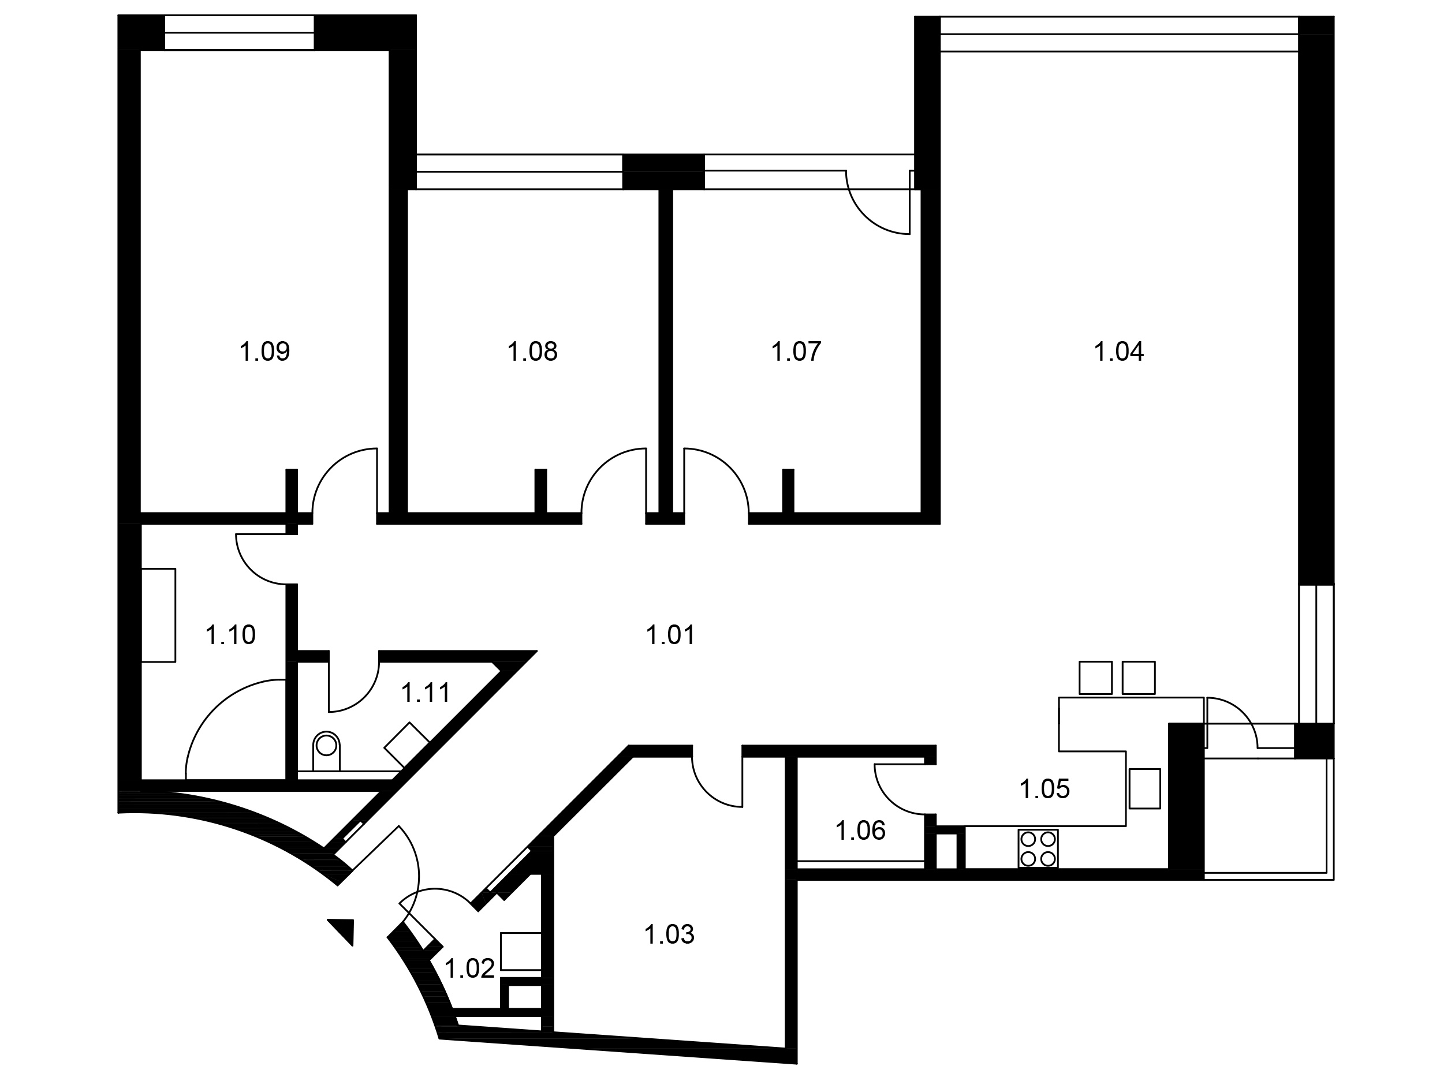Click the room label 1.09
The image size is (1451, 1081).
[264, 351]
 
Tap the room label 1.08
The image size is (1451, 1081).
[532, 351]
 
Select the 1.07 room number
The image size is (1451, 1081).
[796, 351]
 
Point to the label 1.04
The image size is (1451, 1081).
[1118, 351]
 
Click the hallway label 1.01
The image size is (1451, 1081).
[670, 635]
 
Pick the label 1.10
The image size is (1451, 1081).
[230, 635]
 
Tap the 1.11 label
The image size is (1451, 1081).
[426, 693]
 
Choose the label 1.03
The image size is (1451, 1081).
[669, 934]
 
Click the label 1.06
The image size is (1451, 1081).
[860, 831]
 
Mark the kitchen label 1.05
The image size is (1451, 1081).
[1045, 789]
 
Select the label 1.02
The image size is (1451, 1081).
[469, 968]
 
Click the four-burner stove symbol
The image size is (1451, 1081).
[1038, 849]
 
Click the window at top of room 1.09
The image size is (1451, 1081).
[239, 33]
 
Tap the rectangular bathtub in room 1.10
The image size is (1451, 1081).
[158, 615]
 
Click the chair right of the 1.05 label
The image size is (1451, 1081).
[1145, 788]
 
